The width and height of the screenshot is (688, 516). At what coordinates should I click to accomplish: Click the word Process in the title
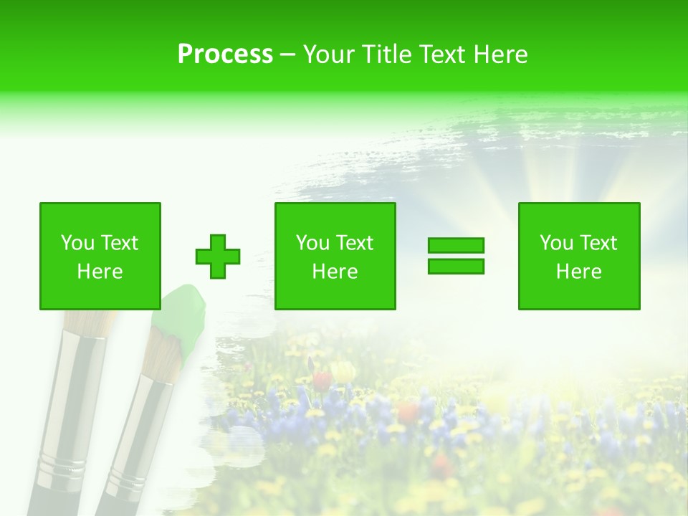tap(225, 54)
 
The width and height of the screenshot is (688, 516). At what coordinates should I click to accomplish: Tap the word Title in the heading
tap(386, 54)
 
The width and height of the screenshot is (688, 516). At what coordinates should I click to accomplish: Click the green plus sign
tap(218, 257)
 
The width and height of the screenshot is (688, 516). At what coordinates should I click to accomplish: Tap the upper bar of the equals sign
tap(456, 245)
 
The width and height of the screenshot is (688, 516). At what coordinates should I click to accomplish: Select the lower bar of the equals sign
tap(456, 266)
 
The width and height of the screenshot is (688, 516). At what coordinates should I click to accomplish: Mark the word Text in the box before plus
tap(119, 243)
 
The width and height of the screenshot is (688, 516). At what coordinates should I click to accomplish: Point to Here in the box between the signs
tap(335, 272)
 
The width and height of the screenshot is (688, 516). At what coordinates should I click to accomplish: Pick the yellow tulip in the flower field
tap(344, 371)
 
